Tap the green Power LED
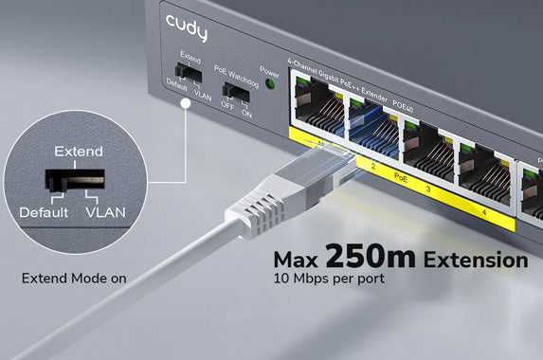(270, 84)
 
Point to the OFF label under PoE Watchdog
(227, 107)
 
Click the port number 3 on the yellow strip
(427, 189)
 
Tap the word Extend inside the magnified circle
(79, 152)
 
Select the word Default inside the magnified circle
(43, 212)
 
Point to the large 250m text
(372, 257)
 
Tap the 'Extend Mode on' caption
(74, 279)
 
